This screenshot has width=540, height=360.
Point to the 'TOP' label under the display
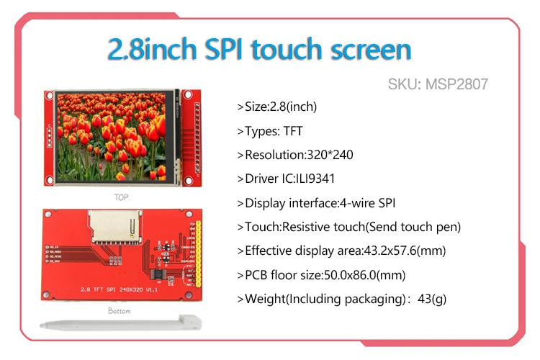121,196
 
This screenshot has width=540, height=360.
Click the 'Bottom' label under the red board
120,311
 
